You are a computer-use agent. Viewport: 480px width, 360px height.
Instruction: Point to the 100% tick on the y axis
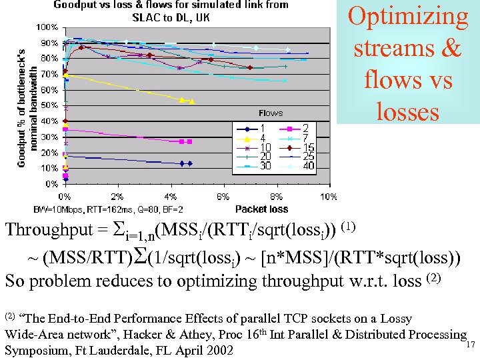point(47,27)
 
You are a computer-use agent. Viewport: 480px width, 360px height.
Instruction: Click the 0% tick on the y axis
point(51,183)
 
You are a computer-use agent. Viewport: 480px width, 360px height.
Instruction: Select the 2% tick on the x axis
point(117,197)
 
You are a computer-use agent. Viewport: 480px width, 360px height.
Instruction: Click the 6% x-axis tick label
point(223,197)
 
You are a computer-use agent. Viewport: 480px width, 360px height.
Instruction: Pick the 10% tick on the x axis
point(328,197)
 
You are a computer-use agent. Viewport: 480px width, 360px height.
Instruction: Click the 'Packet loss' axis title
point(261,209)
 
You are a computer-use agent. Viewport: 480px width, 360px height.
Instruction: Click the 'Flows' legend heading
point(270,113)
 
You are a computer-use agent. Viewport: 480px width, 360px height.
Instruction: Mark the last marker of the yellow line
point(192,101)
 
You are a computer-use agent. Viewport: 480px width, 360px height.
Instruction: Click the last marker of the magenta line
point(190,141)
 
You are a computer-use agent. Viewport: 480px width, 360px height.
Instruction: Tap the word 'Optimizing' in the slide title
point(408,17)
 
